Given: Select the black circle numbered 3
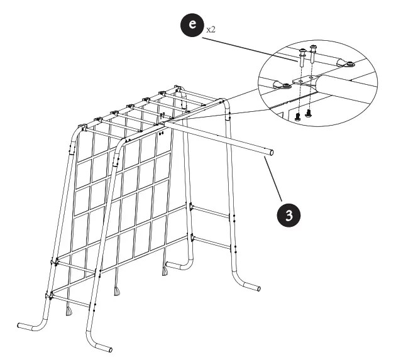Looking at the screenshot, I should pyautogui.click(x=288, y=214).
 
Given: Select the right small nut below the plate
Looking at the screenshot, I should pyautogui.click(x=308, y=112).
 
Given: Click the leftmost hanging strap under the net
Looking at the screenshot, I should pyautogui.click(x=68, y=311).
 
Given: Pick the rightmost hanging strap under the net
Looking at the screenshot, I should pyautogui.click(x=166, y=272).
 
